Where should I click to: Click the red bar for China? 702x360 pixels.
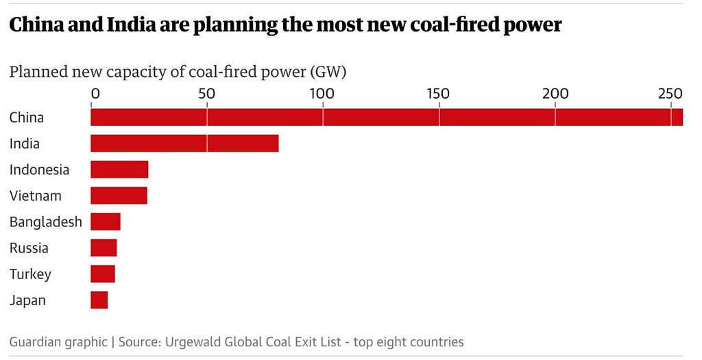pos(387,117)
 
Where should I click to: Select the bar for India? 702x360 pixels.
pos(184,143)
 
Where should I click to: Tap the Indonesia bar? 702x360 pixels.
pos(119,169)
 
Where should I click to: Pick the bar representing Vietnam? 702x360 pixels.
pos(119,195)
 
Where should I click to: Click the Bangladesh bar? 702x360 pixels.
pos(106,221)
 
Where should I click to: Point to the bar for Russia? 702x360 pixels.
pos(104,248)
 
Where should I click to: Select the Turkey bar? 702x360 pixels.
pos(103,274)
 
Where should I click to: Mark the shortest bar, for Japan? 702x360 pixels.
pos(99,300)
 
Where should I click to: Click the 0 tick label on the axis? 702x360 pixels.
pos(95,94)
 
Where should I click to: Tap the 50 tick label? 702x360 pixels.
pos(206,94)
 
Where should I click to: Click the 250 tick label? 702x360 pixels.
pos(669,94)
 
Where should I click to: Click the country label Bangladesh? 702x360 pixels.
pos(45,221)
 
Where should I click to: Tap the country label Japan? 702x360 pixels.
pos(27,300)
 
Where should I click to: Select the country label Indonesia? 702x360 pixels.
pos(39,169)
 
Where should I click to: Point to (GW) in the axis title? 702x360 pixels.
pos(328,71)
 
